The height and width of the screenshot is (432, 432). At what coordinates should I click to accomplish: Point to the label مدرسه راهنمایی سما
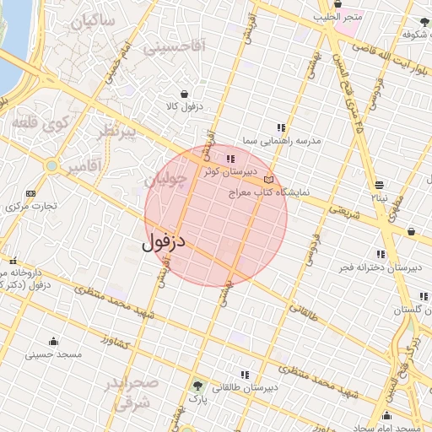click(282, 141)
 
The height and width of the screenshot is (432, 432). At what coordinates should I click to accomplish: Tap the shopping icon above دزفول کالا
click(184, 94)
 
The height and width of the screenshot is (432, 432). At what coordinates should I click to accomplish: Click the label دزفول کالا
click(185, 106)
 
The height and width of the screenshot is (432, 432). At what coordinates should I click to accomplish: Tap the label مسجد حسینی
click(54, 354)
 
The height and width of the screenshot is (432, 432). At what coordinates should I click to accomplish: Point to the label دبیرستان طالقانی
click(246, 388)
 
